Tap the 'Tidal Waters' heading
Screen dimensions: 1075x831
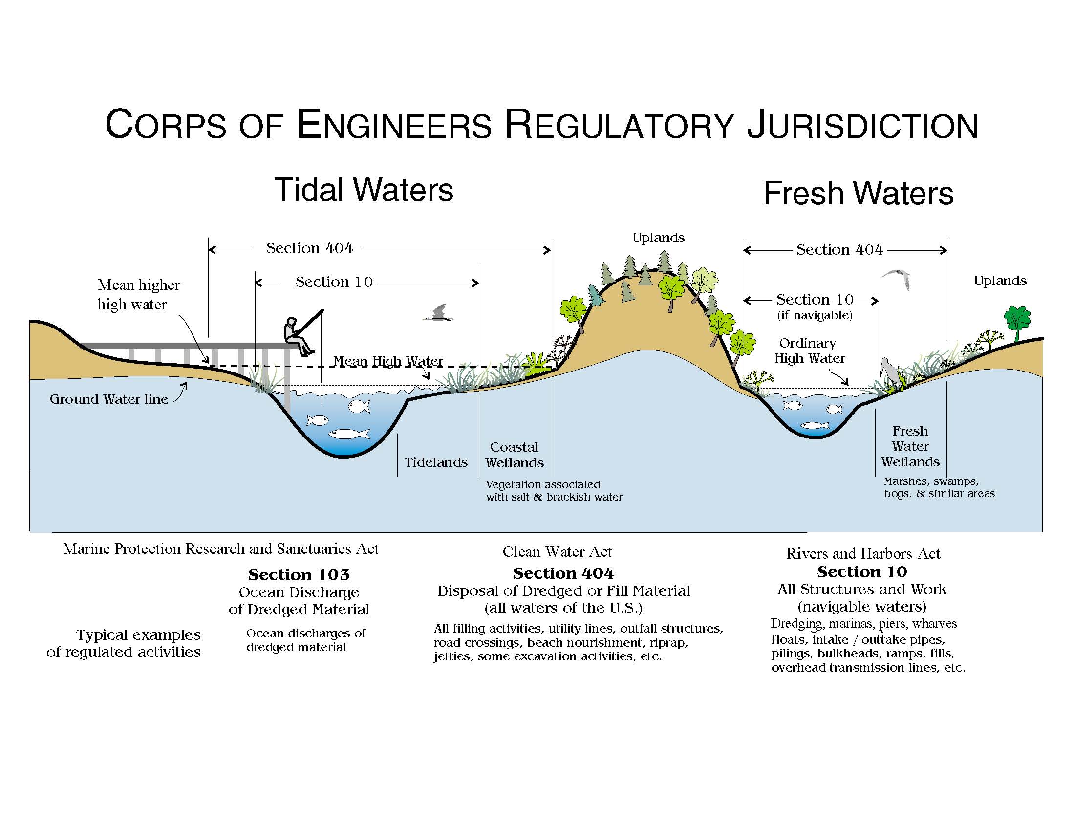[x=364, y=190]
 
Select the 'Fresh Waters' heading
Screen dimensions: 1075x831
[x=859, y=193]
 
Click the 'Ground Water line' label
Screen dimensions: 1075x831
[x=109, y=399]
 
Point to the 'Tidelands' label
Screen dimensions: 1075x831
[x=436, y=462]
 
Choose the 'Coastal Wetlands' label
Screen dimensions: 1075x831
[x=515, y=455]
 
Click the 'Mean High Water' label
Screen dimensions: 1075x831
[x=388, y=361]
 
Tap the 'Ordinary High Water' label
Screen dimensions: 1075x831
[x=810, y=350]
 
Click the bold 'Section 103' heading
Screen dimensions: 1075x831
[x=299, y=574]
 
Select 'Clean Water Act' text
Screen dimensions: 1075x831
[x=557, y=552]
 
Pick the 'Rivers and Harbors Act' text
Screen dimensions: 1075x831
[x=863, y=554]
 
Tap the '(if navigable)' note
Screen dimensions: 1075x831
[x=815, y=315]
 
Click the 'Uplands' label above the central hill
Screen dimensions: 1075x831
[x=659, y=238]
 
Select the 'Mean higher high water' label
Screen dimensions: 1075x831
[x=139, y=295]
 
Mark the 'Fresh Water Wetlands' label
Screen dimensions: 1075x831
[x=910, y=446]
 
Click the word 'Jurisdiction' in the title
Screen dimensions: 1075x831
[x=862, y=125]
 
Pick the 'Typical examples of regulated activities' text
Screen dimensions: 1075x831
[x=124, y=643]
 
